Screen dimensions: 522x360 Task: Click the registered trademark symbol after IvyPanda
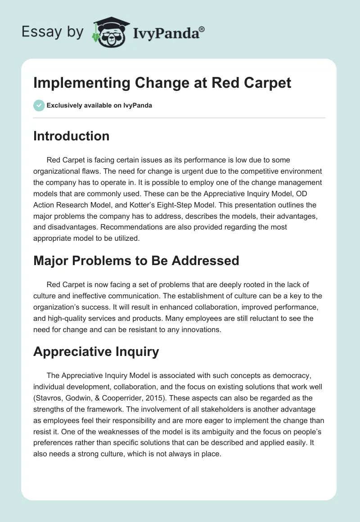[x=202, y=29]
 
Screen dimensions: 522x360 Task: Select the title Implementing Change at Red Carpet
[x=162, y=83]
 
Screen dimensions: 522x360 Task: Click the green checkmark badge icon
[x=39, y=105]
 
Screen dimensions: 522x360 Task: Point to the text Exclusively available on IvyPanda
[x=99, y=106]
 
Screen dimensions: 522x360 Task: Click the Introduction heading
[x=71, y=136]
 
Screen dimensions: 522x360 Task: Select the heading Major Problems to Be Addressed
[x=136, y=260]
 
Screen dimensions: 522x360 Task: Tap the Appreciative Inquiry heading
[x=96, y=351]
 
